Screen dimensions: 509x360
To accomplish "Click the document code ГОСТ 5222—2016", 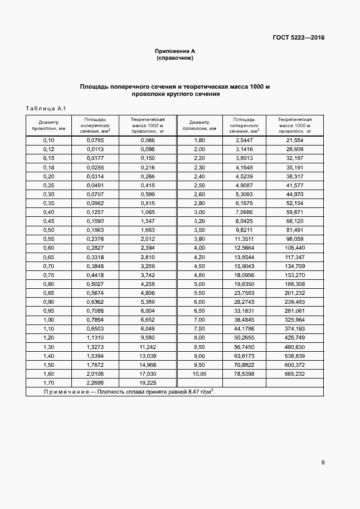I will click(x=298, y=38).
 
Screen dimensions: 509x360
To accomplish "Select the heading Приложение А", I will click(x=174, y=51).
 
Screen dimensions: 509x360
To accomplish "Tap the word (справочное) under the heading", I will click(x=174, y=58).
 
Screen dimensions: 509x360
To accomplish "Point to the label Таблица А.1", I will click(x=46, y=108).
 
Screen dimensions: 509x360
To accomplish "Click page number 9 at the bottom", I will click(x=323, y=462).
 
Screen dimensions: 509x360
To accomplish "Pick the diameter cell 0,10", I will click(x=48, y=140).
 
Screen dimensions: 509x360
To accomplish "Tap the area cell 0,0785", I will click(x=95, y=140).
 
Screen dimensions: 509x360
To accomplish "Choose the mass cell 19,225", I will click(x=147, y=383).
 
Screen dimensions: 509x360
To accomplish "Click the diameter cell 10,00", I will click(x=199, y=374).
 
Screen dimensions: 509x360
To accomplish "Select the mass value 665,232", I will click(x=295, y=374).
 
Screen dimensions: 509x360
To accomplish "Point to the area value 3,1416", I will click(x=244, y=149).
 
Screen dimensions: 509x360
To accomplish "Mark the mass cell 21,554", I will click(x=295, y=140).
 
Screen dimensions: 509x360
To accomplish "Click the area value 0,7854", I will click(x=95, y=320).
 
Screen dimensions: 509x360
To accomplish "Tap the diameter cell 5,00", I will click(x=199, y=284).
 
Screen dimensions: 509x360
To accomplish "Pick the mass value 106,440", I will click(x=295, y=248).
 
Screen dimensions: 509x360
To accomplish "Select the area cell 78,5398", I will click(x=244, y=374).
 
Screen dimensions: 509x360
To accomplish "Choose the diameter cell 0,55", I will click(x=48, y=239).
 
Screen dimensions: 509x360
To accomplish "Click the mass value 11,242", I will click(x=147, y=347).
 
